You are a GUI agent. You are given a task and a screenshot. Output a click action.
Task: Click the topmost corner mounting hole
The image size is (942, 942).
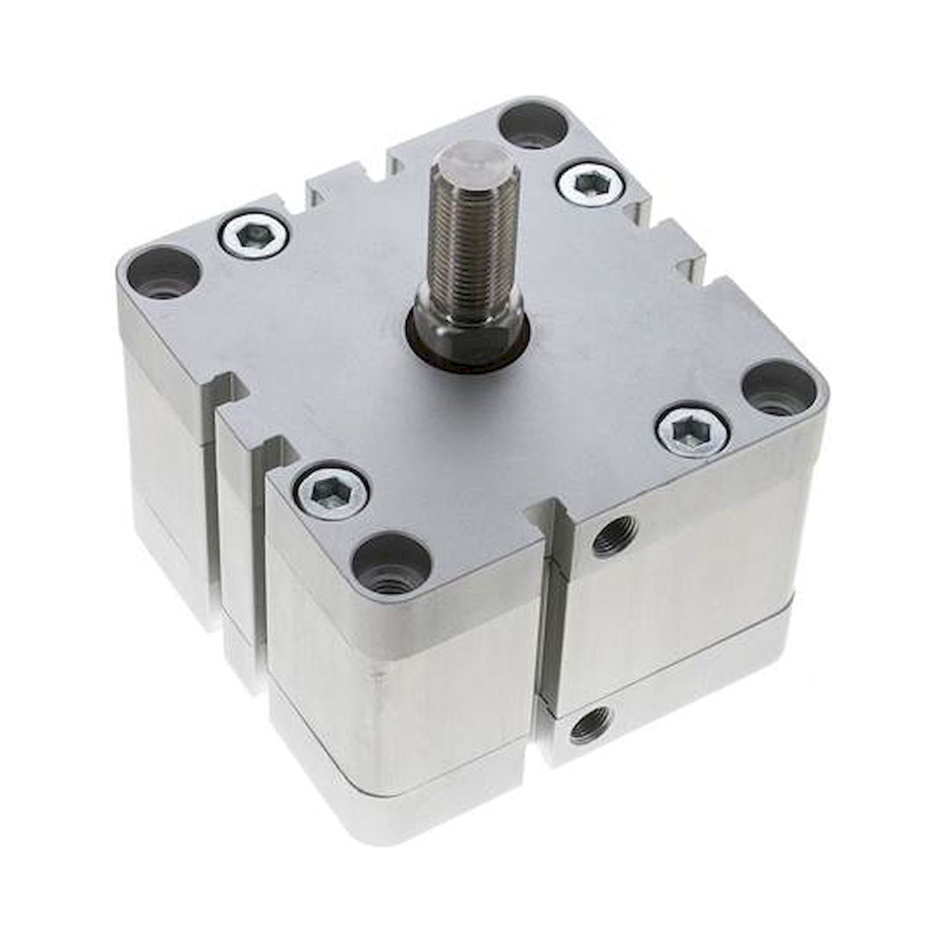point(534,125)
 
